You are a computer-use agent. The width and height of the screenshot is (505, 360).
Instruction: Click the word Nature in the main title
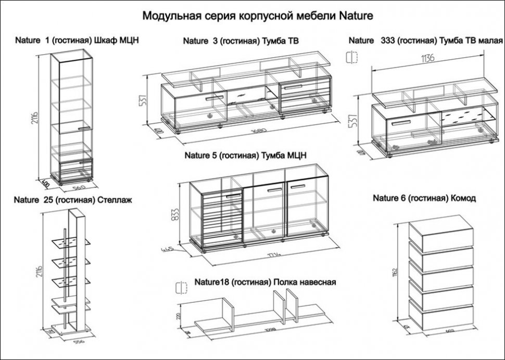tap(356, 16)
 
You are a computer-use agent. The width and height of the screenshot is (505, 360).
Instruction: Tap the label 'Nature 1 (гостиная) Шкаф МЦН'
tap(77, 40)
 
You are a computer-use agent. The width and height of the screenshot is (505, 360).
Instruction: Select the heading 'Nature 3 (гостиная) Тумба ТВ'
tap(240, 41)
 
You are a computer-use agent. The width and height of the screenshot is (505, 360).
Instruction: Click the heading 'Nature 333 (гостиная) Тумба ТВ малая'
tap(425, 40)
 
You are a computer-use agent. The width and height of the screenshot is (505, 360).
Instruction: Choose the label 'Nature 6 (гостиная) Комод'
tap(424, 198)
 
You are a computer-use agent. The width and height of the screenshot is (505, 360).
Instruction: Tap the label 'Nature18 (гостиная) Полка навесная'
tap(264, 282)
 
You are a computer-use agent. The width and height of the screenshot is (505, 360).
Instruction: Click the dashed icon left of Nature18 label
tap(181, 287)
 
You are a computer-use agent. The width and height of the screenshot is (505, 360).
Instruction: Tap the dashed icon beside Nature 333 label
tap(352, 57)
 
